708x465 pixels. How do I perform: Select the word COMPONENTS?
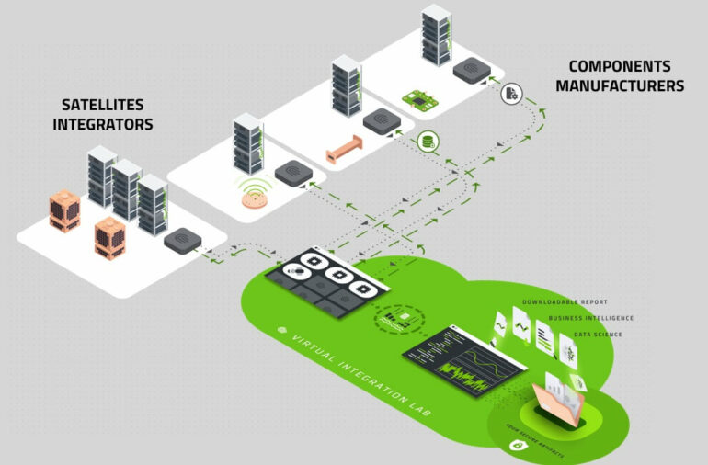617,66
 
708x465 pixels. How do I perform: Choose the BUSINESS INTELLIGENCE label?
591,318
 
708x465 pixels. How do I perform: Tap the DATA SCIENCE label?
597,334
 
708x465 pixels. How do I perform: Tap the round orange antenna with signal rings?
254,197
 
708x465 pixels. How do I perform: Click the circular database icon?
426,142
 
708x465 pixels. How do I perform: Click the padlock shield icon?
518,446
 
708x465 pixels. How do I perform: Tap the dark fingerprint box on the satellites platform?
182,241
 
